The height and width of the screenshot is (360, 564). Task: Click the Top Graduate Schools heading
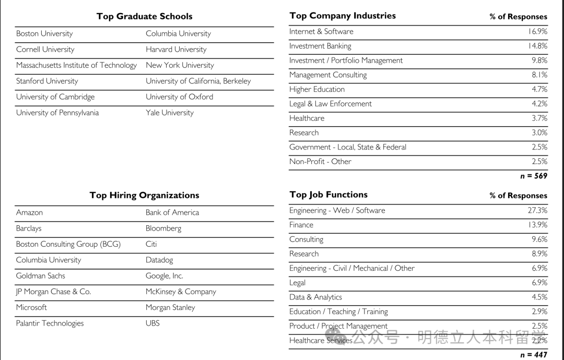tap(144, 16)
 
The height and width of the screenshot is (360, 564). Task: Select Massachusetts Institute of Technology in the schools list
tap(76, 65)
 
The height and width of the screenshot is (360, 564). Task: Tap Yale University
tap(170, 113)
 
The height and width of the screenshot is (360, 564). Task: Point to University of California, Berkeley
tap(198, 81)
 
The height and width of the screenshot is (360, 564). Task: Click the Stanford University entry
tap(47, 81)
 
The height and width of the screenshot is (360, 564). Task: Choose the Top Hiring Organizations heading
tap(144, 195)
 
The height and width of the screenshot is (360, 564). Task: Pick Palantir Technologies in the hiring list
tap(50, 323)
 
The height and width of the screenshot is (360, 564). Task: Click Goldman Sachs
tap(41, 276)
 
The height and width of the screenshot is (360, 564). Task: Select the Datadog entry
tap(159, 260)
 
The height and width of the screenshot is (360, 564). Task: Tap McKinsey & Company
tap(181, 292)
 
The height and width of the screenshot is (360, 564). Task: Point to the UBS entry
tap(152, 323)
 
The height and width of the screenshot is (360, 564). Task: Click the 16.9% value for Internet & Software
tap(537, 32)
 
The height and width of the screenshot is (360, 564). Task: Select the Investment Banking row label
tap(320, 46)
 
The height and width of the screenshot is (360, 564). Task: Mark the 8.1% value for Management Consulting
tap(539, 75)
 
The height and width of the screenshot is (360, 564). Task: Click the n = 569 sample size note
tap(534, 176)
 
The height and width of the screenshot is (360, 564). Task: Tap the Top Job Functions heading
tap(328, 195)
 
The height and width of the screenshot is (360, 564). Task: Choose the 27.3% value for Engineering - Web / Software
tap(537, 211)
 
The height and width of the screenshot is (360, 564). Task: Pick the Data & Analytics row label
tap(315, 297)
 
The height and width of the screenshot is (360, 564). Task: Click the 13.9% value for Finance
tap(537, 225)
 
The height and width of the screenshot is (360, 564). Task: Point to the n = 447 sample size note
tap(534, 355)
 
